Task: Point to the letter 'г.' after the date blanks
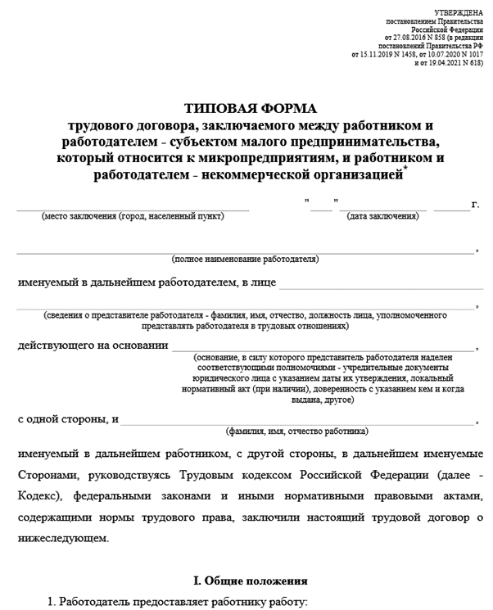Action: point(476,205)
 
